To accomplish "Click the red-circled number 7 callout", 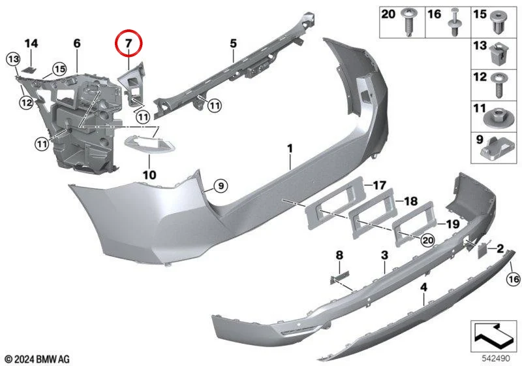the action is click(x=129, y=43).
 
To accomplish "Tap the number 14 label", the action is click(x=31, y=43).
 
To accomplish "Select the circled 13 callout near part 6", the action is click(x=13, y=59).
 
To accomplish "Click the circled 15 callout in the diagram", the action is click(x=59, y=69).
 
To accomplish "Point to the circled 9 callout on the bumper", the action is click(x=221, y=186).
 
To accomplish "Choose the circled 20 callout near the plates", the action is click(x=428, y=240).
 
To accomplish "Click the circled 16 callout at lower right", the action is click(x=514, y=278).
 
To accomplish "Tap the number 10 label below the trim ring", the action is click(x=149, y=175).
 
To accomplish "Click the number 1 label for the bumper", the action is click(x=290, y=148).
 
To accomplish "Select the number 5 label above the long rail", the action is click(x=233, y=43).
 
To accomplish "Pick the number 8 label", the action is click(x=339, y=256).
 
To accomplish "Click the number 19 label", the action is click(x=452, y=224).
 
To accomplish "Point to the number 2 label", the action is click(x=500, y=248).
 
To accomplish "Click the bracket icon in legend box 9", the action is click(x=497, y=148).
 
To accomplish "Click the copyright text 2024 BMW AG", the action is click(x=37, y=359).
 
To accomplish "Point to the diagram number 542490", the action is click(x=496, y=358).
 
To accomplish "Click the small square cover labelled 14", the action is click(x=30, y=70).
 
